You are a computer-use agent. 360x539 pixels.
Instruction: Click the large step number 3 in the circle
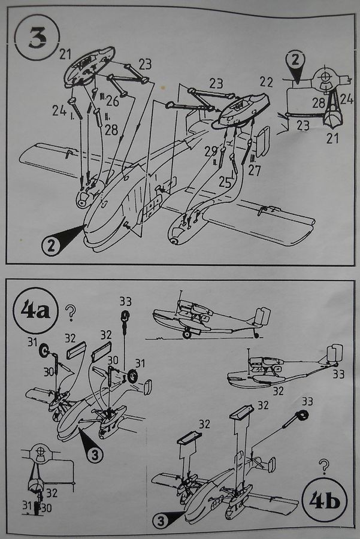(x=37, y=38)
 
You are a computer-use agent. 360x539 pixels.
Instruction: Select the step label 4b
(x=325, y=500)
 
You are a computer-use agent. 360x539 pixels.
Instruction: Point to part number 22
(x=267, y=82)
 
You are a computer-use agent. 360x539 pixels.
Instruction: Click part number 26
(x=112, y=101)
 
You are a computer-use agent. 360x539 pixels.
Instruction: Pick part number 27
(x=255, y=171)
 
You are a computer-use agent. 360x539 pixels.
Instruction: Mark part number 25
(x=226, y=182)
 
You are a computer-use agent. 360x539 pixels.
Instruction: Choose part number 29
(x=210, y=152)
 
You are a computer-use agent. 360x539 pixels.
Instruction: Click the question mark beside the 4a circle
(x=71, y=313)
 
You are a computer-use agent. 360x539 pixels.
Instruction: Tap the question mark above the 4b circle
(x=323, y=467)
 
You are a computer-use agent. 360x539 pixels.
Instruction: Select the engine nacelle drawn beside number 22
(x=243, y=110)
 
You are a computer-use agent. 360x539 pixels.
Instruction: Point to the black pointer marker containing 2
(x=295, y=65)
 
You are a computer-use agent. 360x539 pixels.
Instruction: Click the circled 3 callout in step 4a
(x=95, y=455)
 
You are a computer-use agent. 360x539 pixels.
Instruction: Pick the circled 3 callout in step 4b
(x=161, y=521)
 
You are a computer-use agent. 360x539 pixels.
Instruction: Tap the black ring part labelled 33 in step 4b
(x=302, y=415)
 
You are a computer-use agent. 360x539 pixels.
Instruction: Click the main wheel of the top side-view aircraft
(x=187, y=334)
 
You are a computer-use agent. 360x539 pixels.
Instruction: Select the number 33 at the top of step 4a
(x=126, y=301)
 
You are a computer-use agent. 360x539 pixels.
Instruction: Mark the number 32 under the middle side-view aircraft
(x=278, y=390)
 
